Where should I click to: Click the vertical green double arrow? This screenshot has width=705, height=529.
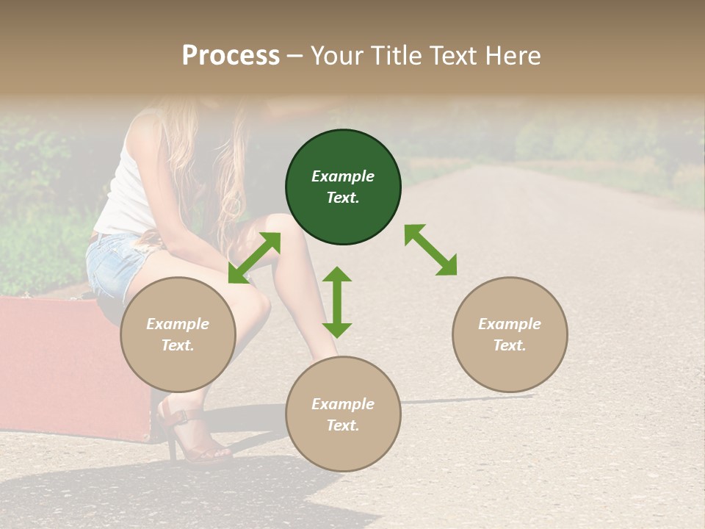[x=337, y=302]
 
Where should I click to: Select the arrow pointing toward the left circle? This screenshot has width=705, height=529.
[x=254, y=258]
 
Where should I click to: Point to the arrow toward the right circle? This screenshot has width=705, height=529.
[x=430, y=250]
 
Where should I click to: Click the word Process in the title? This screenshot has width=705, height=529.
[x=231, y=55]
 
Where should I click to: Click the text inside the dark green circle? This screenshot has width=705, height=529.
[x=343, y=187]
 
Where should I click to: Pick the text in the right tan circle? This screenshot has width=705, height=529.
[x=510, y=334]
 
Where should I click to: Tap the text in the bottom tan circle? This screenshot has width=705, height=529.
[x=343, y=414]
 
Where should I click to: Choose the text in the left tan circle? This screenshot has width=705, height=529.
[x=178, y=334]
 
